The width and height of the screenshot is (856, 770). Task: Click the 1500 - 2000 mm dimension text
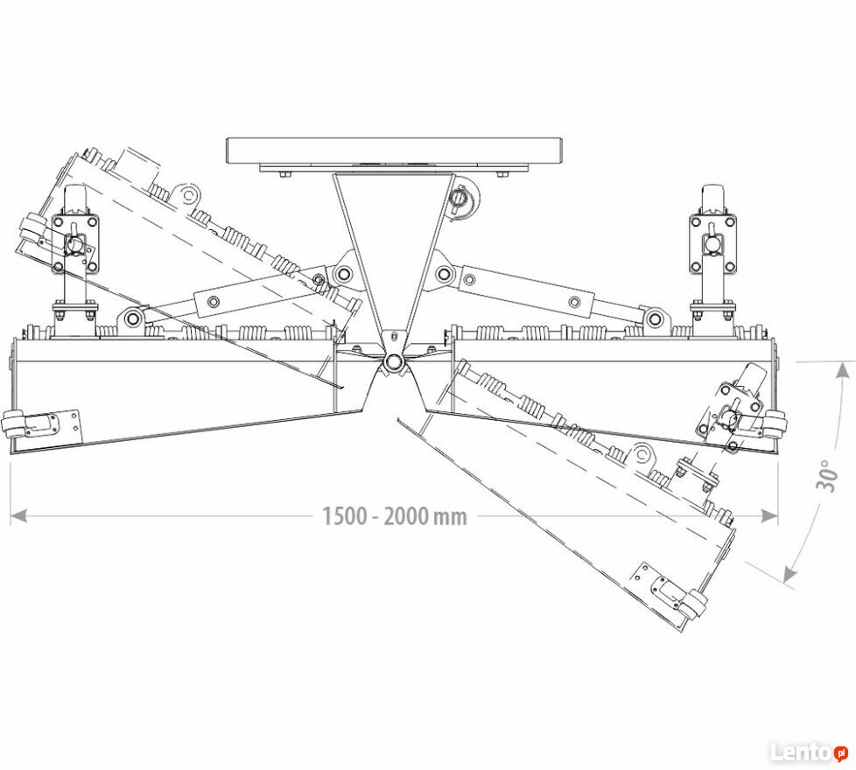(x=395, y=516)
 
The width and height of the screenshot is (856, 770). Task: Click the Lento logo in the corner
(x=809, y=752)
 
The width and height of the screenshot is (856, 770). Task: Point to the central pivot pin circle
(x=393, y=361)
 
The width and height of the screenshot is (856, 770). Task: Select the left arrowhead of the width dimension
(x=19, y=515)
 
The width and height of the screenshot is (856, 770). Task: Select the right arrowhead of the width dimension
(x=769, y=515)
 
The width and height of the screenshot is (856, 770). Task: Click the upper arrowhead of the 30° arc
(x=844, y=372)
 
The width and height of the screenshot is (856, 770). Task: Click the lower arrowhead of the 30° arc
(x=789, y=573)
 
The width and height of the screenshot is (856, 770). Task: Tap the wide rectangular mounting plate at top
(x=394, y=150)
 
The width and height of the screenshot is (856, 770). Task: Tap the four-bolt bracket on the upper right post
(x=712, y=244)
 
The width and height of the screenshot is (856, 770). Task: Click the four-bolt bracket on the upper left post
(x=75, y=243)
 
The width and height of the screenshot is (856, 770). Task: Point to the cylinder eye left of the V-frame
(x=344, y=273)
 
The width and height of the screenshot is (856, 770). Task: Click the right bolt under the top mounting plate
(x=502, y=175)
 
